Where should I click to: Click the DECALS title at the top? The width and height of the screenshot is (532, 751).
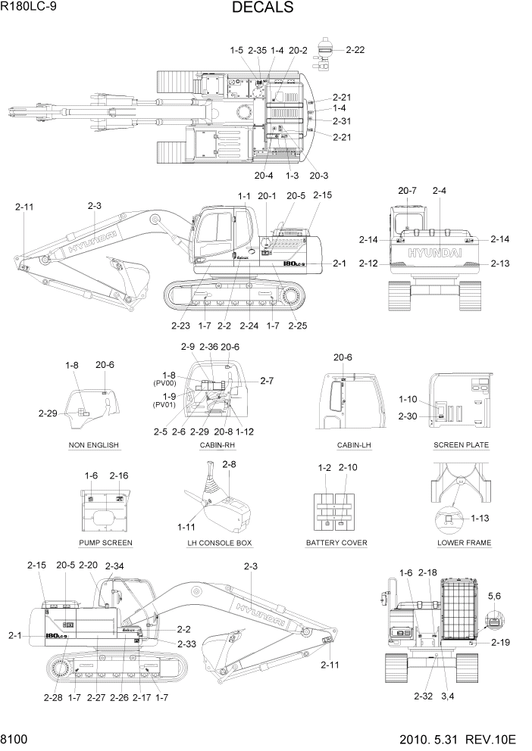coord(263,8)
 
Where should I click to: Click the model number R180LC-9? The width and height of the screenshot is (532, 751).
coord(29,7)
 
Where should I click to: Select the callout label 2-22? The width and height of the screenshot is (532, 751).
coord(355,50)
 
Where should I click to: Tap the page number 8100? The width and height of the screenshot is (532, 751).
coord(14,739)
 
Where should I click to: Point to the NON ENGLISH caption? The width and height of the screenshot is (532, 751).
coord(93,444)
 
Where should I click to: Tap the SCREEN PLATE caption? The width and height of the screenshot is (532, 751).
coord(461,444)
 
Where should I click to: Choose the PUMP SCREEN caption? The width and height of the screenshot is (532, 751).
coord(105,543)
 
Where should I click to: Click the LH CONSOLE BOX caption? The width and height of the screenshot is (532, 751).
coord(220,543)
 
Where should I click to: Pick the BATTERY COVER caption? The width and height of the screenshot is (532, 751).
coord(336,543)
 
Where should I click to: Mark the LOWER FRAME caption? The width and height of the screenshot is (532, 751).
coord(464,543)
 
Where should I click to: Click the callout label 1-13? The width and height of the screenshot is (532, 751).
coord(480,519)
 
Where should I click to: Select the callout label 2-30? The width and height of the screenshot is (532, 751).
coord(408,416)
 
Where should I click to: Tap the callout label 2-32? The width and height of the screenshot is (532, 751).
coord(424,695)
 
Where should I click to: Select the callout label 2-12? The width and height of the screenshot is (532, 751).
coord(368,263)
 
